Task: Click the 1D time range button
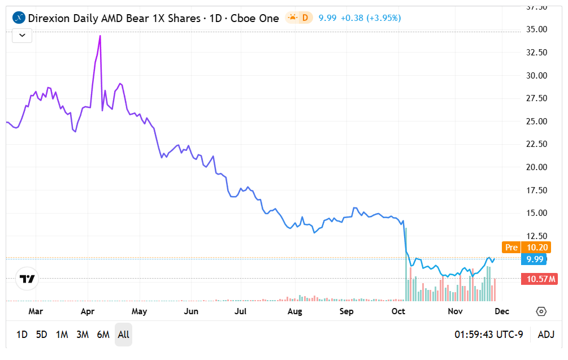[x=21, y=335]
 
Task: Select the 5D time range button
[x=41, y=335]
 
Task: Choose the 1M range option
[x=62, y=335]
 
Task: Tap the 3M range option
[x=83, y=335]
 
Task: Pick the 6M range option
[x=103, y=335]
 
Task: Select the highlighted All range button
[x=123, y=335]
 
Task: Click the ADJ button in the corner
[x=546, y=335]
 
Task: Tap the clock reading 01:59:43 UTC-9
[x=489, y=335]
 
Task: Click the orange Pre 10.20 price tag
[x=526, y=247]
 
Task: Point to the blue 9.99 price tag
[x=535, y=259]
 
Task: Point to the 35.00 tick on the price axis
[x=535, y=29]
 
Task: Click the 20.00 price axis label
[x=535, y=167]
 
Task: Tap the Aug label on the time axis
[x=294, y=311]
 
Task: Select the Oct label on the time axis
[x=398, y=311]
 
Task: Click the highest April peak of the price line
[x=100, y=36]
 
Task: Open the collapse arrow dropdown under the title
[x=22, y=35]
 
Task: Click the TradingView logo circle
[x=27, y=279]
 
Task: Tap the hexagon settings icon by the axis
[x=541, y=311]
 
